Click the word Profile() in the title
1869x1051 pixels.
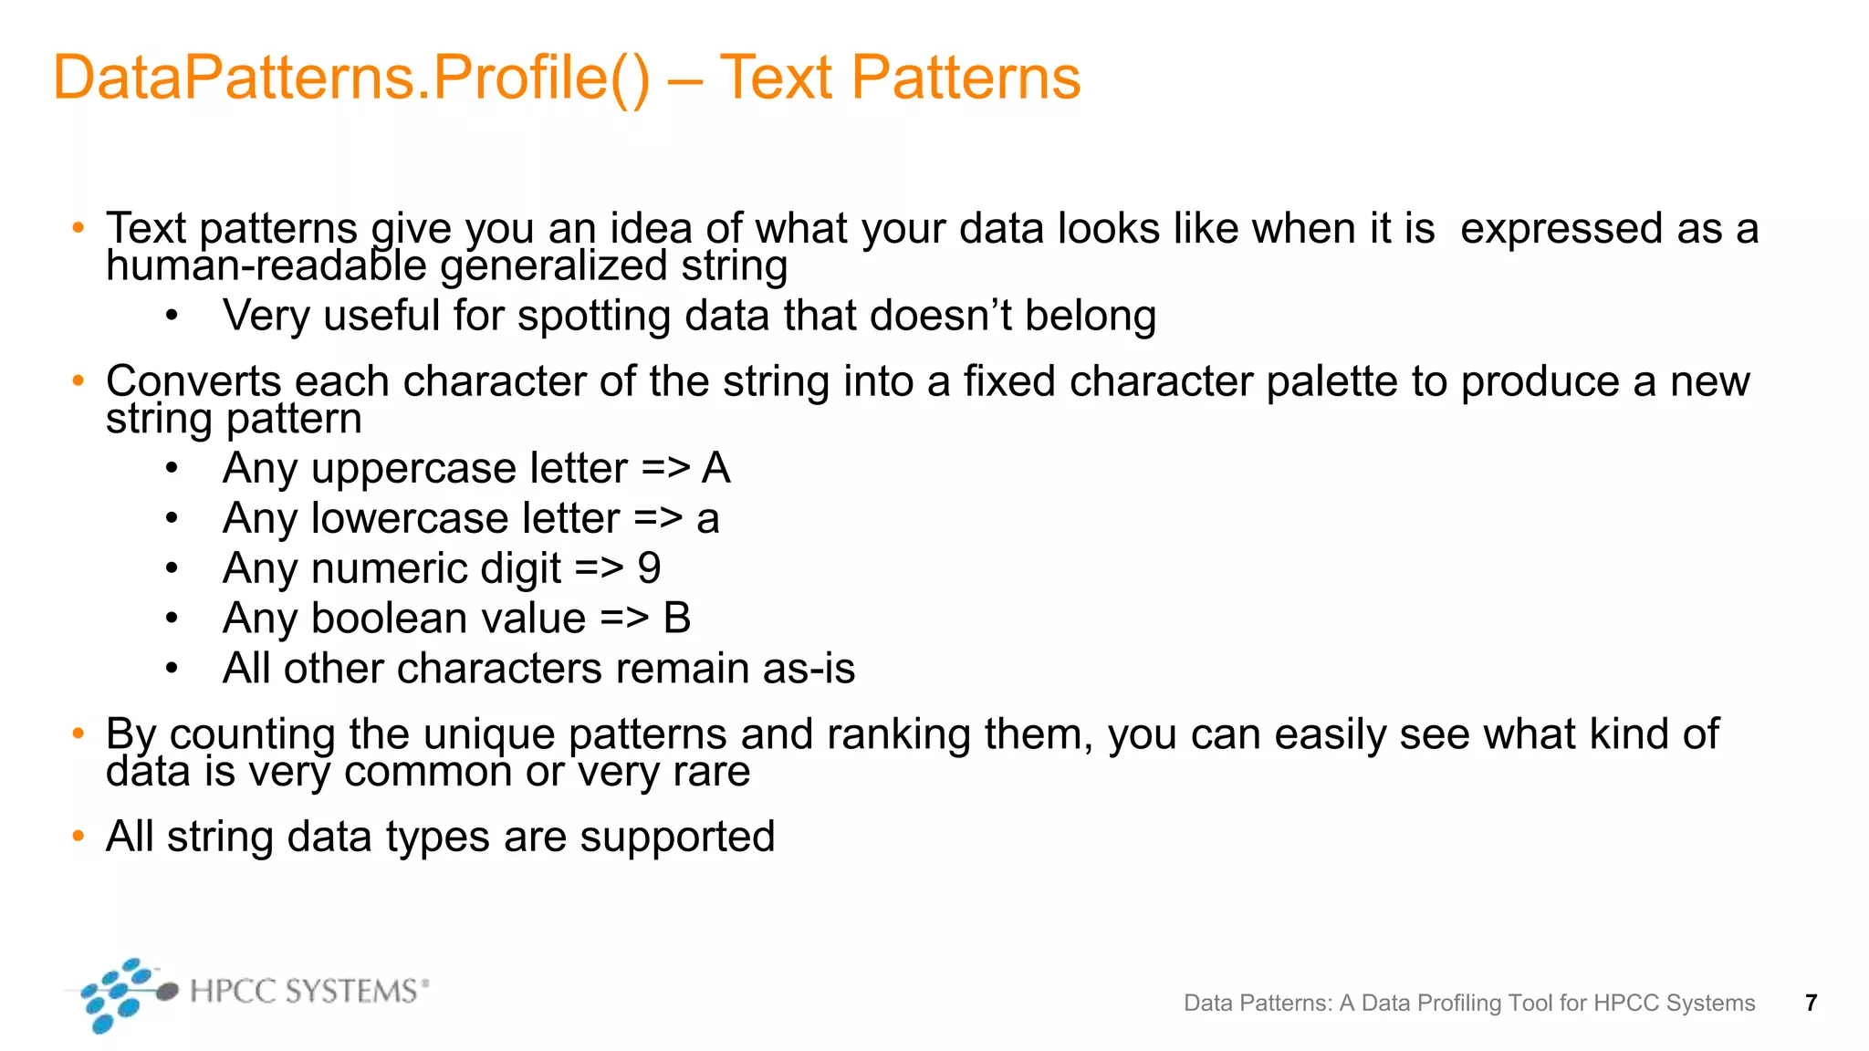(x=541, y=78)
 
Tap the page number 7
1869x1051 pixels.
(x=1811, y=1003)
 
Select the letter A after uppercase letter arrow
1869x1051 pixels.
(x=716, y=469)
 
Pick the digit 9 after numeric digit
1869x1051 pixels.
(x=649, y=568)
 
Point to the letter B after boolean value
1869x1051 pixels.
(x=676, y=619)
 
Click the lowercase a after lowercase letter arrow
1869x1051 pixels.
(x=708, y=519)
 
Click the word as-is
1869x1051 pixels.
(x=809, y=669)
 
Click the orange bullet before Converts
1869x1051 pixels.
(x=78, y=380)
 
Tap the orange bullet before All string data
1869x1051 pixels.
(x=78, y=835)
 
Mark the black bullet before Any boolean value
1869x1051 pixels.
(x=172, y=619)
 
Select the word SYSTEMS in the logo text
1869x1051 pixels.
(x=350, y=991)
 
